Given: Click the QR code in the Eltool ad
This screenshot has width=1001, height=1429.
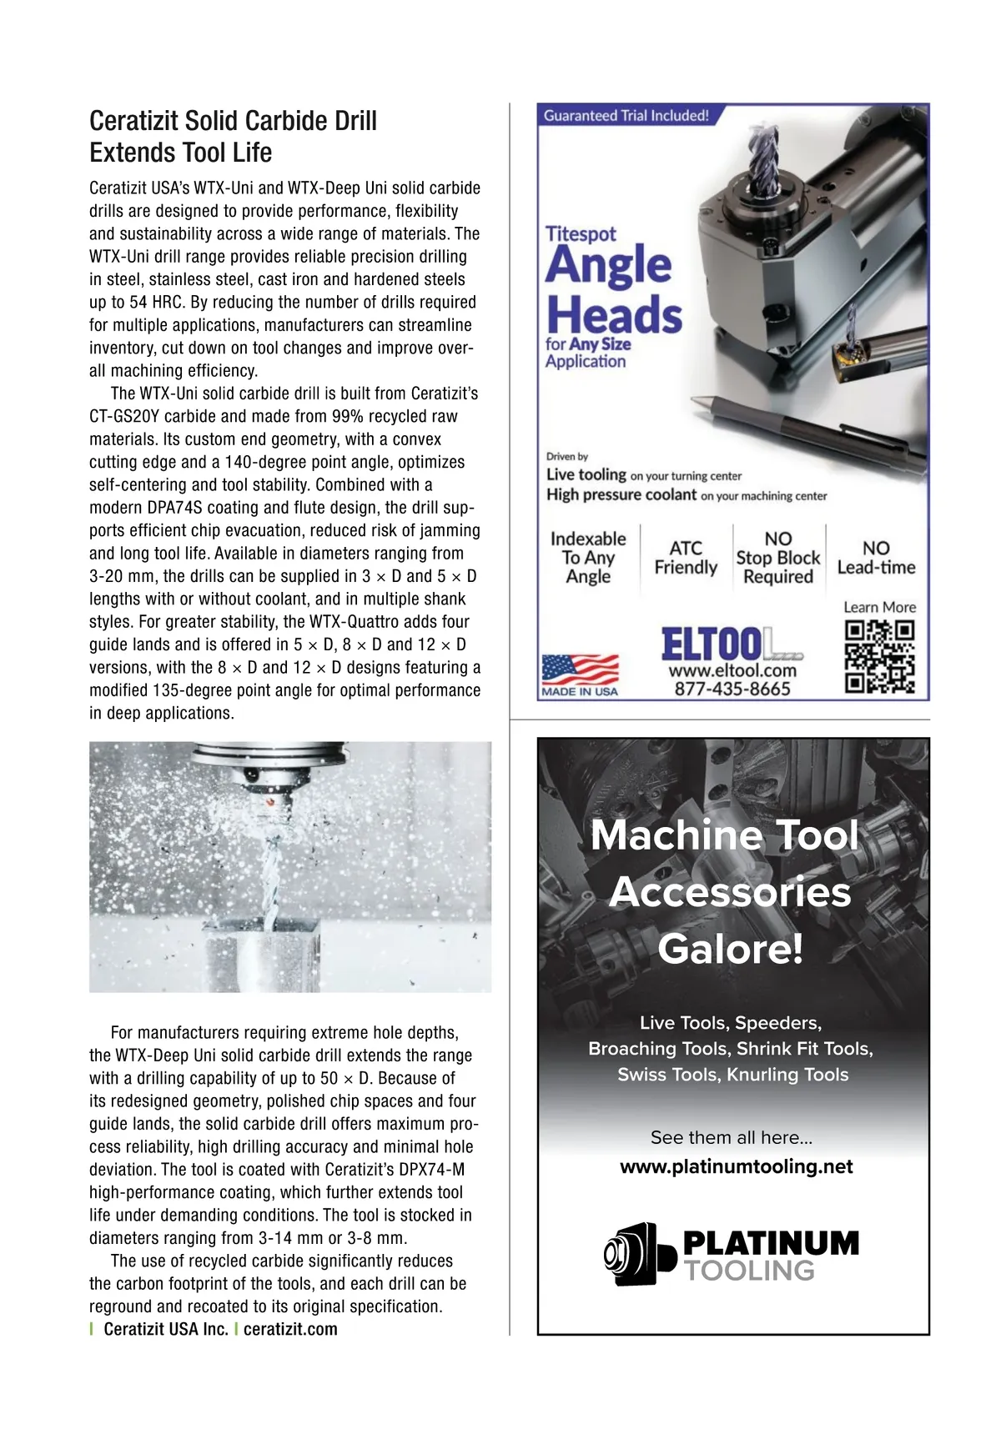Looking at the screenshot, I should (879, 656).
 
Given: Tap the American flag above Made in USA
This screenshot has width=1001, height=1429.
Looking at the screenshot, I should (580, 669).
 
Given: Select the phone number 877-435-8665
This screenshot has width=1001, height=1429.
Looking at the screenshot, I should (732, 689).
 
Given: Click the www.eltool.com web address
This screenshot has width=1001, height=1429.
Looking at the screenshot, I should (732, 670).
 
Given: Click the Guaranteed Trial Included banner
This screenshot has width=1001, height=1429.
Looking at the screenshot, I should (626, 116).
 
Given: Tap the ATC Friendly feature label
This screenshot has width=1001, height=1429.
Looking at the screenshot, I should (686, 558).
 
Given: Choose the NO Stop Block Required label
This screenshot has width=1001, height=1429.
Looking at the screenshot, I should (778, 558).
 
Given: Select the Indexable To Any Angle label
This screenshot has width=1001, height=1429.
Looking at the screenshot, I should (588, 558).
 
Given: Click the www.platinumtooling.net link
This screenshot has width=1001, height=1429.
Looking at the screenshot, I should (736, 1166).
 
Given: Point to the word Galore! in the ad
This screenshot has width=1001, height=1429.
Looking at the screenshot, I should (730, 949).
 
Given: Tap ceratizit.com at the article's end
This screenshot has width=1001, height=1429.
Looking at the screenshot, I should (290, 1329).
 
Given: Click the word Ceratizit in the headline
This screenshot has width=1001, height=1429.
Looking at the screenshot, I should (133, 121).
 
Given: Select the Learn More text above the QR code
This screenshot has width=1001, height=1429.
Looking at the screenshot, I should (879, 607).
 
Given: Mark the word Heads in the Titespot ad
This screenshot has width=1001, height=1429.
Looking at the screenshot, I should (615, 314).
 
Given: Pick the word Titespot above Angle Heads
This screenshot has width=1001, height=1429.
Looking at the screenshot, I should (581, 234).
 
